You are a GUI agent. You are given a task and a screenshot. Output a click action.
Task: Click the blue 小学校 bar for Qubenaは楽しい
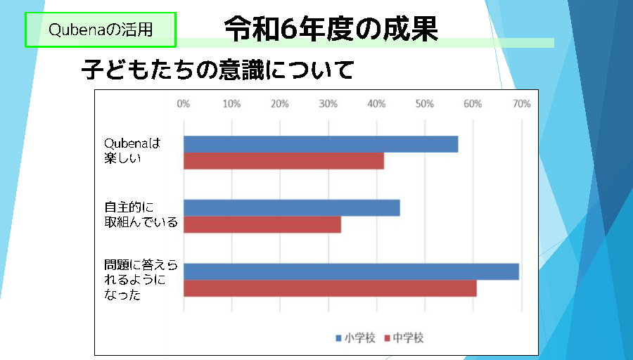(x=321, y=144)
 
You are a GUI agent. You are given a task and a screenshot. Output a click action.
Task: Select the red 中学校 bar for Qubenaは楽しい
(x=284, y=160)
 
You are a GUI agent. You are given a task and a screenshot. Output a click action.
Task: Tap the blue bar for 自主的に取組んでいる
(x=292, y=208)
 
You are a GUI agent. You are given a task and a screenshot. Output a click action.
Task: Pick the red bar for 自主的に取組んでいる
(x=262, y=224)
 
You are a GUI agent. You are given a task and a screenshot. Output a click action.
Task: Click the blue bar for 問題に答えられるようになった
(x=351, y=271)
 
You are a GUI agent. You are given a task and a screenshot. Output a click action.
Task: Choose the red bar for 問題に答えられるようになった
(x=331, y=288)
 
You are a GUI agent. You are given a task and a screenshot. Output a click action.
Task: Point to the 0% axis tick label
(x=184, y=104)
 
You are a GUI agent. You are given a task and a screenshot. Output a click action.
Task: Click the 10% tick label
(x=231, y=104)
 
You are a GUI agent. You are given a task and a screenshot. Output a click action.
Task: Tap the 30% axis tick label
(x=328, y=104)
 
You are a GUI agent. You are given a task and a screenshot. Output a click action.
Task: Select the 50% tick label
(x=425, y=104)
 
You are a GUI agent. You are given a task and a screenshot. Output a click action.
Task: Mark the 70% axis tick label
(x=522, y=104)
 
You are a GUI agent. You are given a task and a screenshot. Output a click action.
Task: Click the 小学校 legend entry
(x=356, y=337)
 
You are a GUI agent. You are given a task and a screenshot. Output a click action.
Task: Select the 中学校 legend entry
(x=404, y=337)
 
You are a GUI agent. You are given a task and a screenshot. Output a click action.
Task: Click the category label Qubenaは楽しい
(x=132, y=150)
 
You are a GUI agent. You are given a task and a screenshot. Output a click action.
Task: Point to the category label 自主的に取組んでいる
(x=141, y=214)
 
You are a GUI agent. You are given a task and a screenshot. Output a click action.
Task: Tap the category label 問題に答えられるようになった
(x=141, y=280)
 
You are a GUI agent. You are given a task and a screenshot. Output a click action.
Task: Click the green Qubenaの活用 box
(x=101, y=30)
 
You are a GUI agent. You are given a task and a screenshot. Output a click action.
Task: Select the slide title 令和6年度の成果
(x=331, y=29)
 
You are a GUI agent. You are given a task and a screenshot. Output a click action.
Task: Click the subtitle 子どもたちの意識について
(x=217, y=70)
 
